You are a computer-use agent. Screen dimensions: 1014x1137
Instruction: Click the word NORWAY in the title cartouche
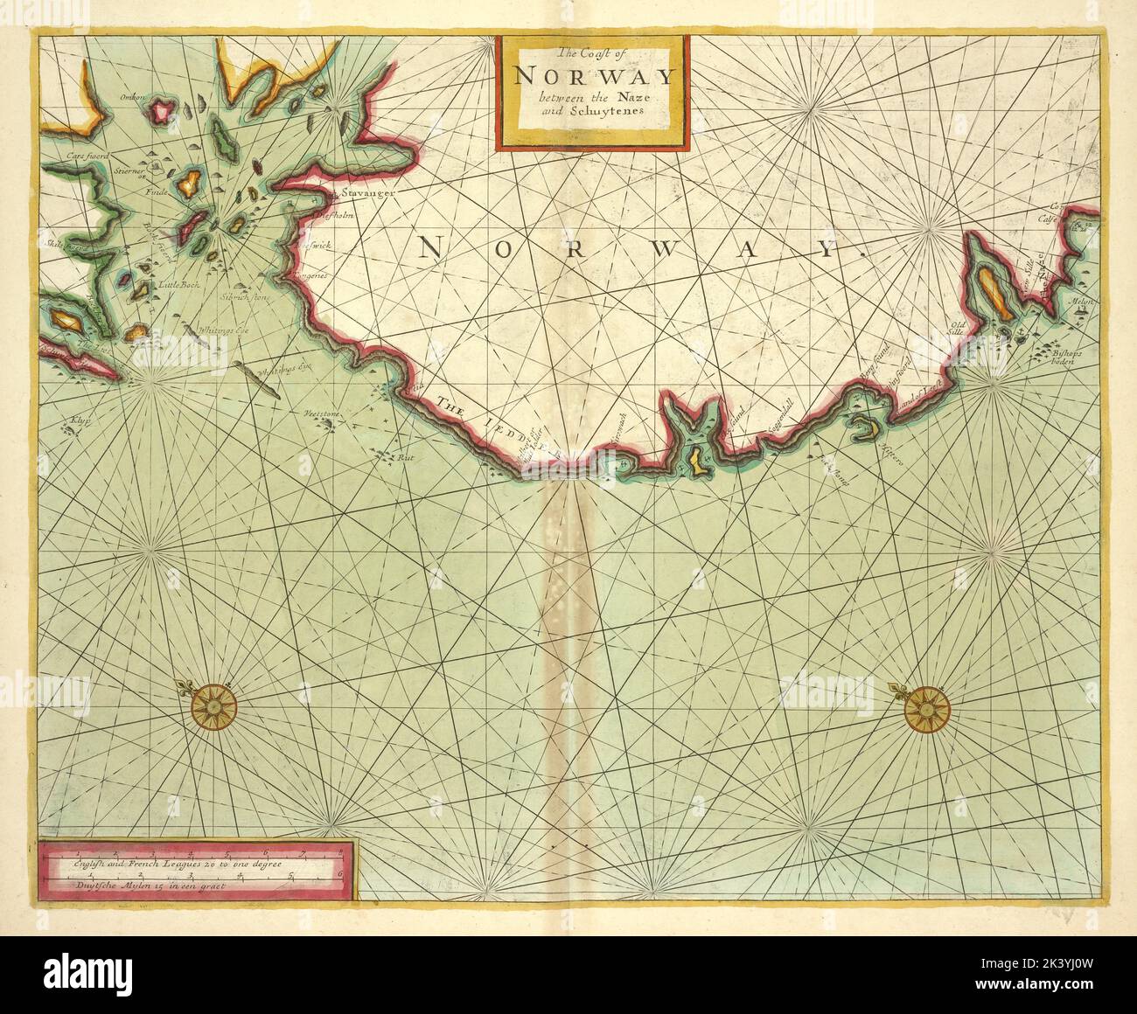click(594, 74)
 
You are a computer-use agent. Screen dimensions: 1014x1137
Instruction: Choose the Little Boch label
click(180, 284)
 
